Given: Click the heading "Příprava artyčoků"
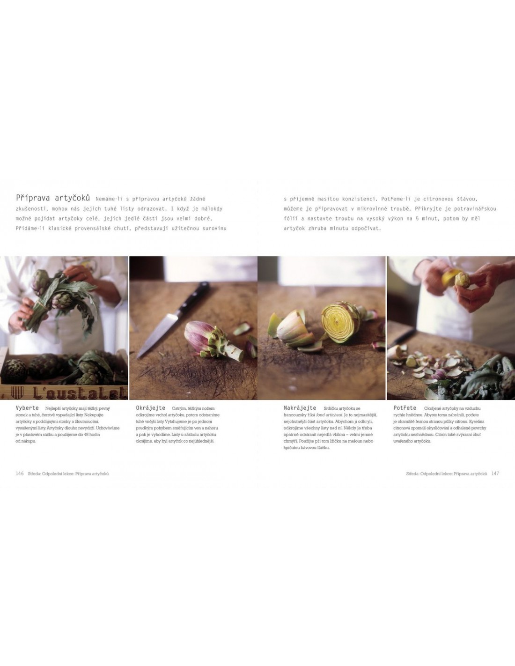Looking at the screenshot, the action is tap(53, 198).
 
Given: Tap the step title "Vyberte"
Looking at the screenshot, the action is tap(27, 408).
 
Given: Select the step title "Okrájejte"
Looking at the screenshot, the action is tap(150, 408).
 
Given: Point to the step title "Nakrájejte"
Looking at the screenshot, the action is tap(300, 408).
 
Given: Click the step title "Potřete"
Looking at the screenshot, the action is tap(405, 408).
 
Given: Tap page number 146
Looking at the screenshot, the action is tap(20, 473).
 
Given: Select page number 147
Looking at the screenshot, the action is tap(495, 473).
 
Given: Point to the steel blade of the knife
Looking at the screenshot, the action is tap(157, 336).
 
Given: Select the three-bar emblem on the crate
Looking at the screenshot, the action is tap(17, 392).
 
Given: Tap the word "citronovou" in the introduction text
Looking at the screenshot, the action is tap(430, 199).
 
